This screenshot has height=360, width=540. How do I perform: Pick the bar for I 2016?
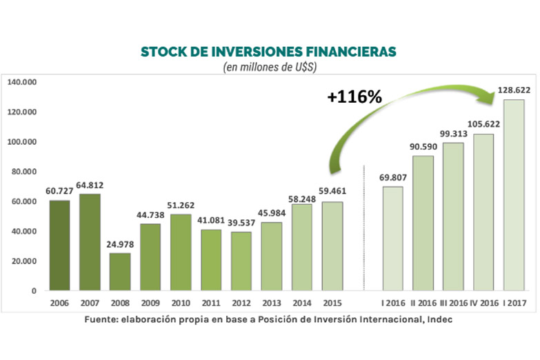click(392, 239)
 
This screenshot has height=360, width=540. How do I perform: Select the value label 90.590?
click(423, 146)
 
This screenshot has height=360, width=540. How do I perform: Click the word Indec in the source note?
click(439, 320)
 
